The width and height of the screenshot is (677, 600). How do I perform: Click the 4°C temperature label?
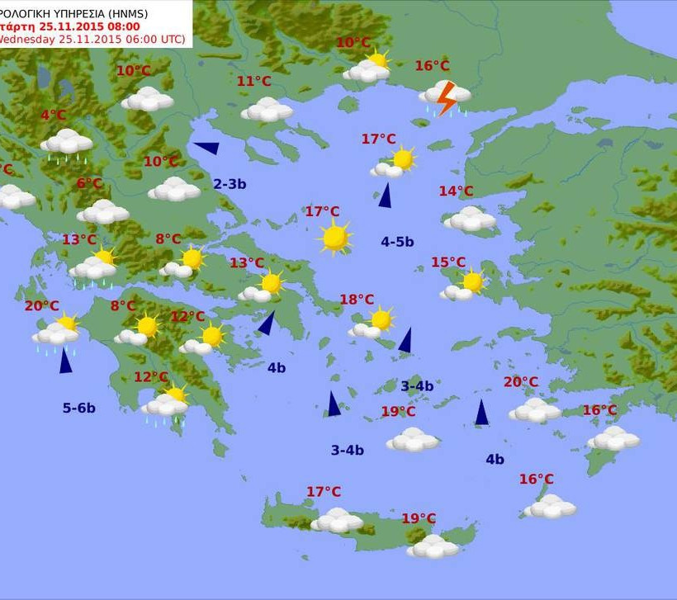coord(54,116)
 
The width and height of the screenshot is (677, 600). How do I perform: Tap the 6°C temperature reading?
coord(89,183)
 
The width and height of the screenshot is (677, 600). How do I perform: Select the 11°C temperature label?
coord(253,81)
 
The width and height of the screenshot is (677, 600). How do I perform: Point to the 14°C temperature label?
coord(456,191)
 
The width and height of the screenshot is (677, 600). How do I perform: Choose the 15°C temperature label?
coord(448,262)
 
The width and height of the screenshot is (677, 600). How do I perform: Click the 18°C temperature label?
coord(357,300)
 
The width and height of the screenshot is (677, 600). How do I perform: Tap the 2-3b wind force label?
coord(230,184)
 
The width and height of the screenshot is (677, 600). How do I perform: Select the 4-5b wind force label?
coord(397,242)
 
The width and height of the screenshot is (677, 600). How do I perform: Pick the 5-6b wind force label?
coord(79,408)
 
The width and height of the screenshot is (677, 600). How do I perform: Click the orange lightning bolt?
coord(446,98)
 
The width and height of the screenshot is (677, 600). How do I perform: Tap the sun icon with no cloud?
coord(335,238)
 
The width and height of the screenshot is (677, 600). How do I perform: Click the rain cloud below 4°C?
coord(67,143)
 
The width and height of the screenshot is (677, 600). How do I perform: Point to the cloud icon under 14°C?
coord(470,219)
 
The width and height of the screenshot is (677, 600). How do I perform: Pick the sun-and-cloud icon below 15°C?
coord(463,286)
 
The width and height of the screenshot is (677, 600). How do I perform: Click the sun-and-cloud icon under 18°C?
coord(372,324)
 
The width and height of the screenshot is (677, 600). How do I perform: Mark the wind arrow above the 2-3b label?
coord(206,148)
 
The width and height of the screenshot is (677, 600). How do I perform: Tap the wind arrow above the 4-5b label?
coord(385,196)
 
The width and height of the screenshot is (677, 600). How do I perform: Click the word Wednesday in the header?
coord(30,39)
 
